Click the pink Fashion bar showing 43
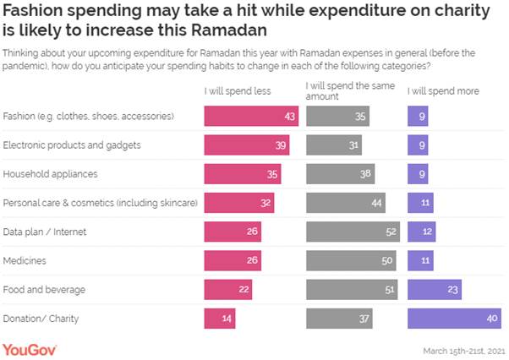[x=251, y=116]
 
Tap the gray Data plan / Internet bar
[x=353, y=232]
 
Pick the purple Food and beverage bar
[x=434, y=290]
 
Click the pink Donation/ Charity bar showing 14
[x=220, y=319]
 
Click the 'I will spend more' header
[x=436, y=91]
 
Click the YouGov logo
[x=30, y=347]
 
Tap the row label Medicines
[x=25, y=261]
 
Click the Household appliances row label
[x=51, y=174]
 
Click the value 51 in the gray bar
[x=387, y=290]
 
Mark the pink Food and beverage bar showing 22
[x=228, y=290]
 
